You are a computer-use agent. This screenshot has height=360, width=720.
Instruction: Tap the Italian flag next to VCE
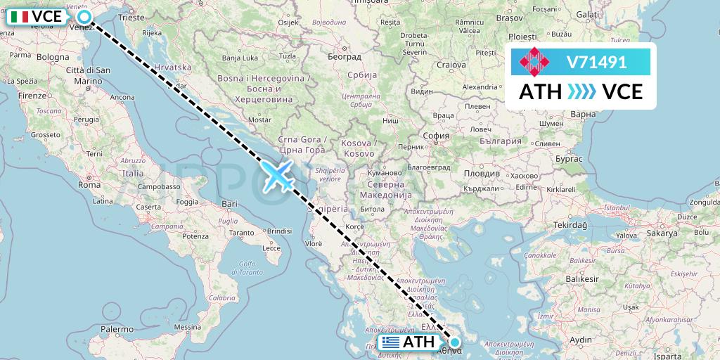[x=20, y=17]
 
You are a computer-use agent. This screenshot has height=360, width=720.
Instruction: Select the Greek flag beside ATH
[x=391, y=342]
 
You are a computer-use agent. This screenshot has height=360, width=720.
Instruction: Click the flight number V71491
[x=596, y=63]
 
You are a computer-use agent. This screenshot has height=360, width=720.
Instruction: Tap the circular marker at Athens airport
[x=455, y=342]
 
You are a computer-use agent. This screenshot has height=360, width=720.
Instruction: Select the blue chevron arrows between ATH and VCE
[x=581, y=92]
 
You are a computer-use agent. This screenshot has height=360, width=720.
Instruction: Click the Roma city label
[x=89, y=185]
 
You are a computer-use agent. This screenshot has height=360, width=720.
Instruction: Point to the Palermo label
[x=117, y=328]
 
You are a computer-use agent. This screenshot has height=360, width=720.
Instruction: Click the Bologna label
[x=53, y=56]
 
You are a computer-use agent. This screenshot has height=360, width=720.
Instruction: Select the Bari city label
[x=230, y=204]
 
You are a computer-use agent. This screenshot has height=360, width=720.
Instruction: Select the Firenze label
[x=32, y=95]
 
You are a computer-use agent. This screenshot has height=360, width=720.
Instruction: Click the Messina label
[x=187, y=328]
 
